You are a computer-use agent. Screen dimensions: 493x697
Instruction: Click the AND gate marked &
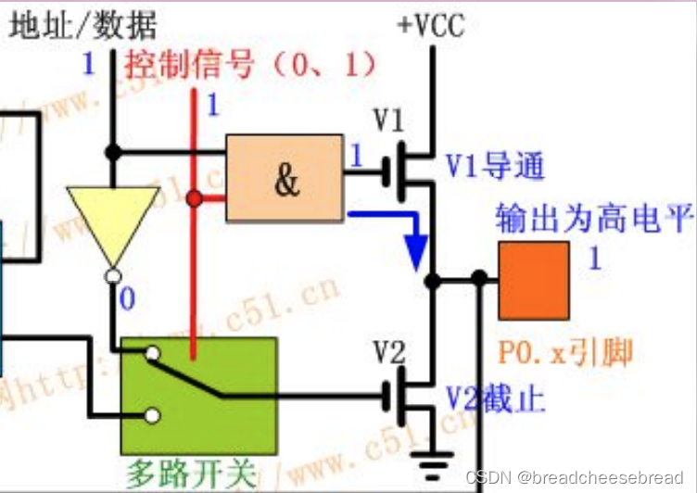285,179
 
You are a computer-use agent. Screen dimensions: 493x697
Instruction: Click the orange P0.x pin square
534,281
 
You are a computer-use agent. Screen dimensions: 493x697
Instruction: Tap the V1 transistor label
388,120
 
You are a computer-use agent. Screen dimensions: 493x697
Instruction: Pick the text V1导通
493,168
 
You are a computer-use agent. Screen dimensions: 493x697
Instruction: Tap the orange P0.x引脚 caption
565,352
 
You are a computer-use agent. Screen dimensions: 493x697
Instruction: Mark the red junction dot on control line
194,198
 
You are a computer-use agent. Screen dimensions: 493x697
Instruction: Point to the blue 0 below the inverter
127,299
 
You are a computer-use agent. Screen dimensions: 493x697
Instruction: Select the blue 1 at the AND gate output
356,156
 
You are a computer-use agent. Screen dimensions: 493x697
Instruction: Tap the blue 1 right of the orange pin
594,258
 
